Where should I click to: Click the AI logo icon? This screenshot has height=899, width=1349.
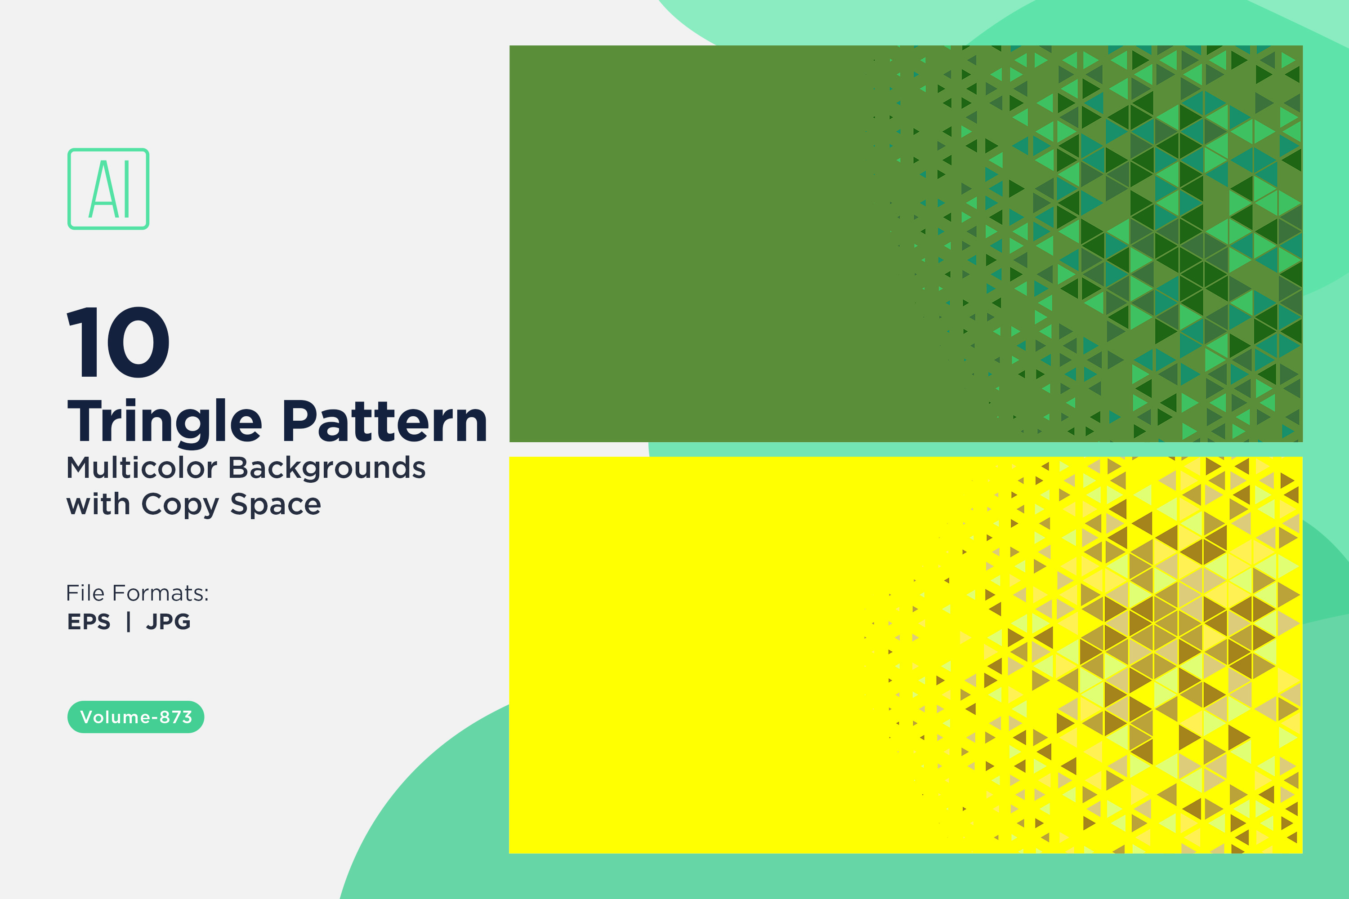[x=108, y=189]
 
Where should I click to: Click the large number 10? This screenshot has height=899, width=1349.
[x=119, y=342]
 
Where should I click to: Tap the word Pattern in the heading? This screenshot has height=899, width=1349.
[x=385, y=422]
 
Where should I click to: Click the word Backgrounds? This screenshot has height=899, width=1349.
[x=327, y=468]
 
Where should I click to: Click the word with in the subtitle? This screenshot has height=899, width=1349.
[x=98, y=504]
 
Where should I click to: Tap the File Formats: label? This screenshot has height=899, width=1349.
[x=138, y=593]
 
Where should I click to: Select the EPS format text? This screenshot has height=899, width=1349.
[x=89, y=622]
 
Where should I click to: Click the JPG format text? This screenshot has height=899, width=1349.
[x=168, y=622]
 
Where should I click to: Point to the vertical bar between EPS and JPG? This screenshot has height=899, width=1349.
[x=129, y=622]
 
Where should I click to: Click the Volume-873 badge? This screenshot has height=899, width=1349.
[x=136, y=717]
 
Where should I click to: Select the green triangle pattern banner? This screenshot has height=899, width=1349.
[x=906, y=244]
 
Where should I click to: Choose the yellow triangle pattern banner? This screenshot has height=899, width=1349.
[x=906, y=655]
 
